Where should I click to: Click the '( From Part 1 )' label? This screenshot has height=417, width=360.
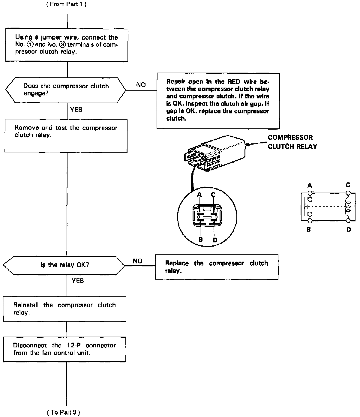[x=66, y=4]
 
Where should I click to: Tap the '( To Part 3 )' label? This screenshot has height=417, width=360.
[x=64, y=412]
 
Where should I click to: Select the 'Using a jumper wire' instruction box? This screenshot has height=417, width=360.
[x=67, y=45]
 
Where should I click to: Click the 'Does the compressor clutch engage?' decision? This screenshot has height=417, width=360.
[x=66, y=90]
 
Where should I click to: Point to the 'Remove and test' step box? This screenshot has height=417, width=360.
[x=66, y=136]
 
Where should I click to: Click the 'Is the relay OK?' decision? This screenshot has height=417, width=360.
[x=64, y=265]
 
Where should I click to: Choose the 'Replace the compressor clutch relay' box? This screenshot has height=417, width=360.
[x=217, y=267]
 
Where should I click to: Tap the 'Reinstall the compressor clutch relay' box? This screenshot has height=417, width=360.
[x=64, y=309]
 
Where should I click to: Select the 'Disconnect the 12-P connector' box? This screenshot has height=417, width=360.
[x=64, y=349]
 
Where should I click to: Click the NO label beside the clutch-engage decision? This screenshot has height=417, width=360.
[x=141, y=85]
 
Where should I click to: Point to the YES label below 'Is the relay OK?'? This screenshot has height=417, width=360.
[x=78, y=281]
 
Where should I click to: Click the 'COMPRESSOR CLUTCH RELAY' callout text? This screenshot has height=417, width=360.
[x=292, y=142]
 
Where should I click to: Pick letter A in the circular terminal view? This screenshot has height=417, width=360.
[x=199, y=195]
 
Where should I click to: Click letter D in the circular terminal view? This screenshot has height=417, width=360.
[x=215, y=240]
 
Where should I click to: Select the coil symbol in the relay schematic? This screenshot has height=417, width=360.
[x=348, y=207]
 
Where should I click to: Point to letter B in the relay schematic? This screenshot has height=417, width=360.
[x=309, y=229]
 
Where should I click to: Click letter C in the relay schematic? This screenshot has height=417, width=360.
[x=348, y=185]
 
